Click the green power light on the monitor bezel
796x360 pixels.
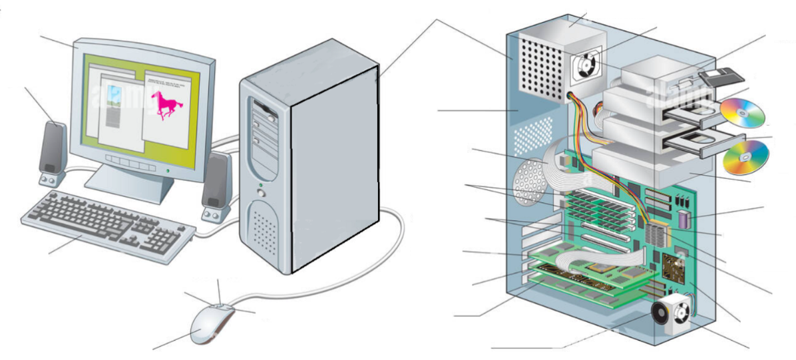click(167, 171)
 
